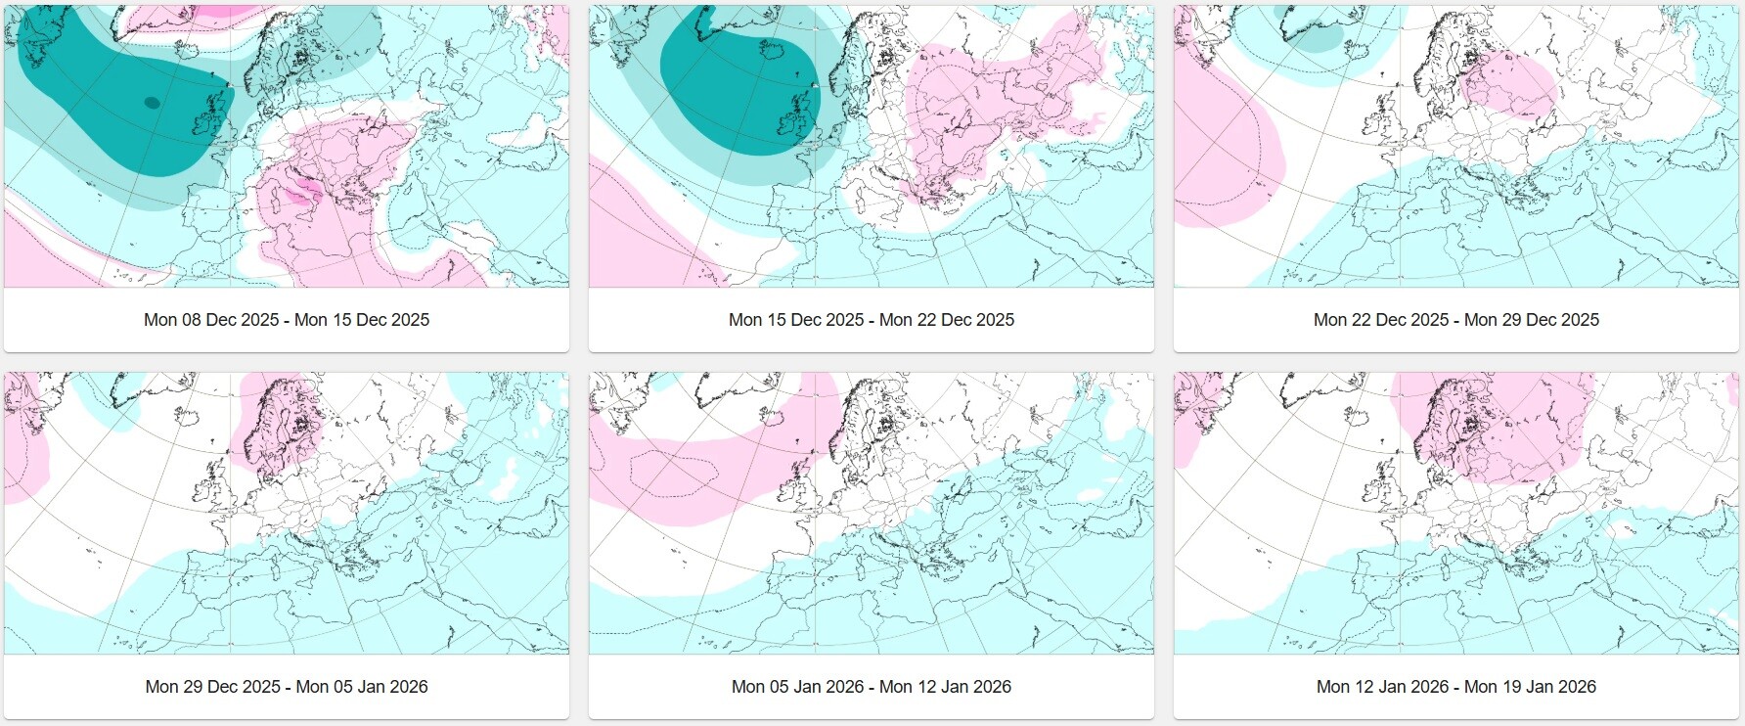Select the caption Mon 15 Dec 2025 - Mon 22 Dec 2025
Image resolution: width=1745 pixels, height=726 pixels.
pos(871,320)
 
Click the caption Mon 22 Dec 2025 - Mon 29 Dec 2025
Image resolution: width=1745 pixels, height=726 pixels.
pos(1455,320)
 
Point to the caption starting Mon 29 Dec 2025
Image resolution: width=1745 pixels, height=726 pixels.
pos(286,687)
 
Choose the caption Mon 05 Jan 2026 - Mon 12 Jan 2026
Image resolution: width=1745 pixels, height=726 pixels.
pos(871,687)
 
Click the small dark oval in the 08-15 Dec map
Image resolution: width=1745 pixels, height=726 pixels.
pos(152,102)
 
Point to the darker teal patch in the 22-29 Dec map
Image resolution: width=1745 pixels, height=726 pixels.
pos(1316,39)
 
